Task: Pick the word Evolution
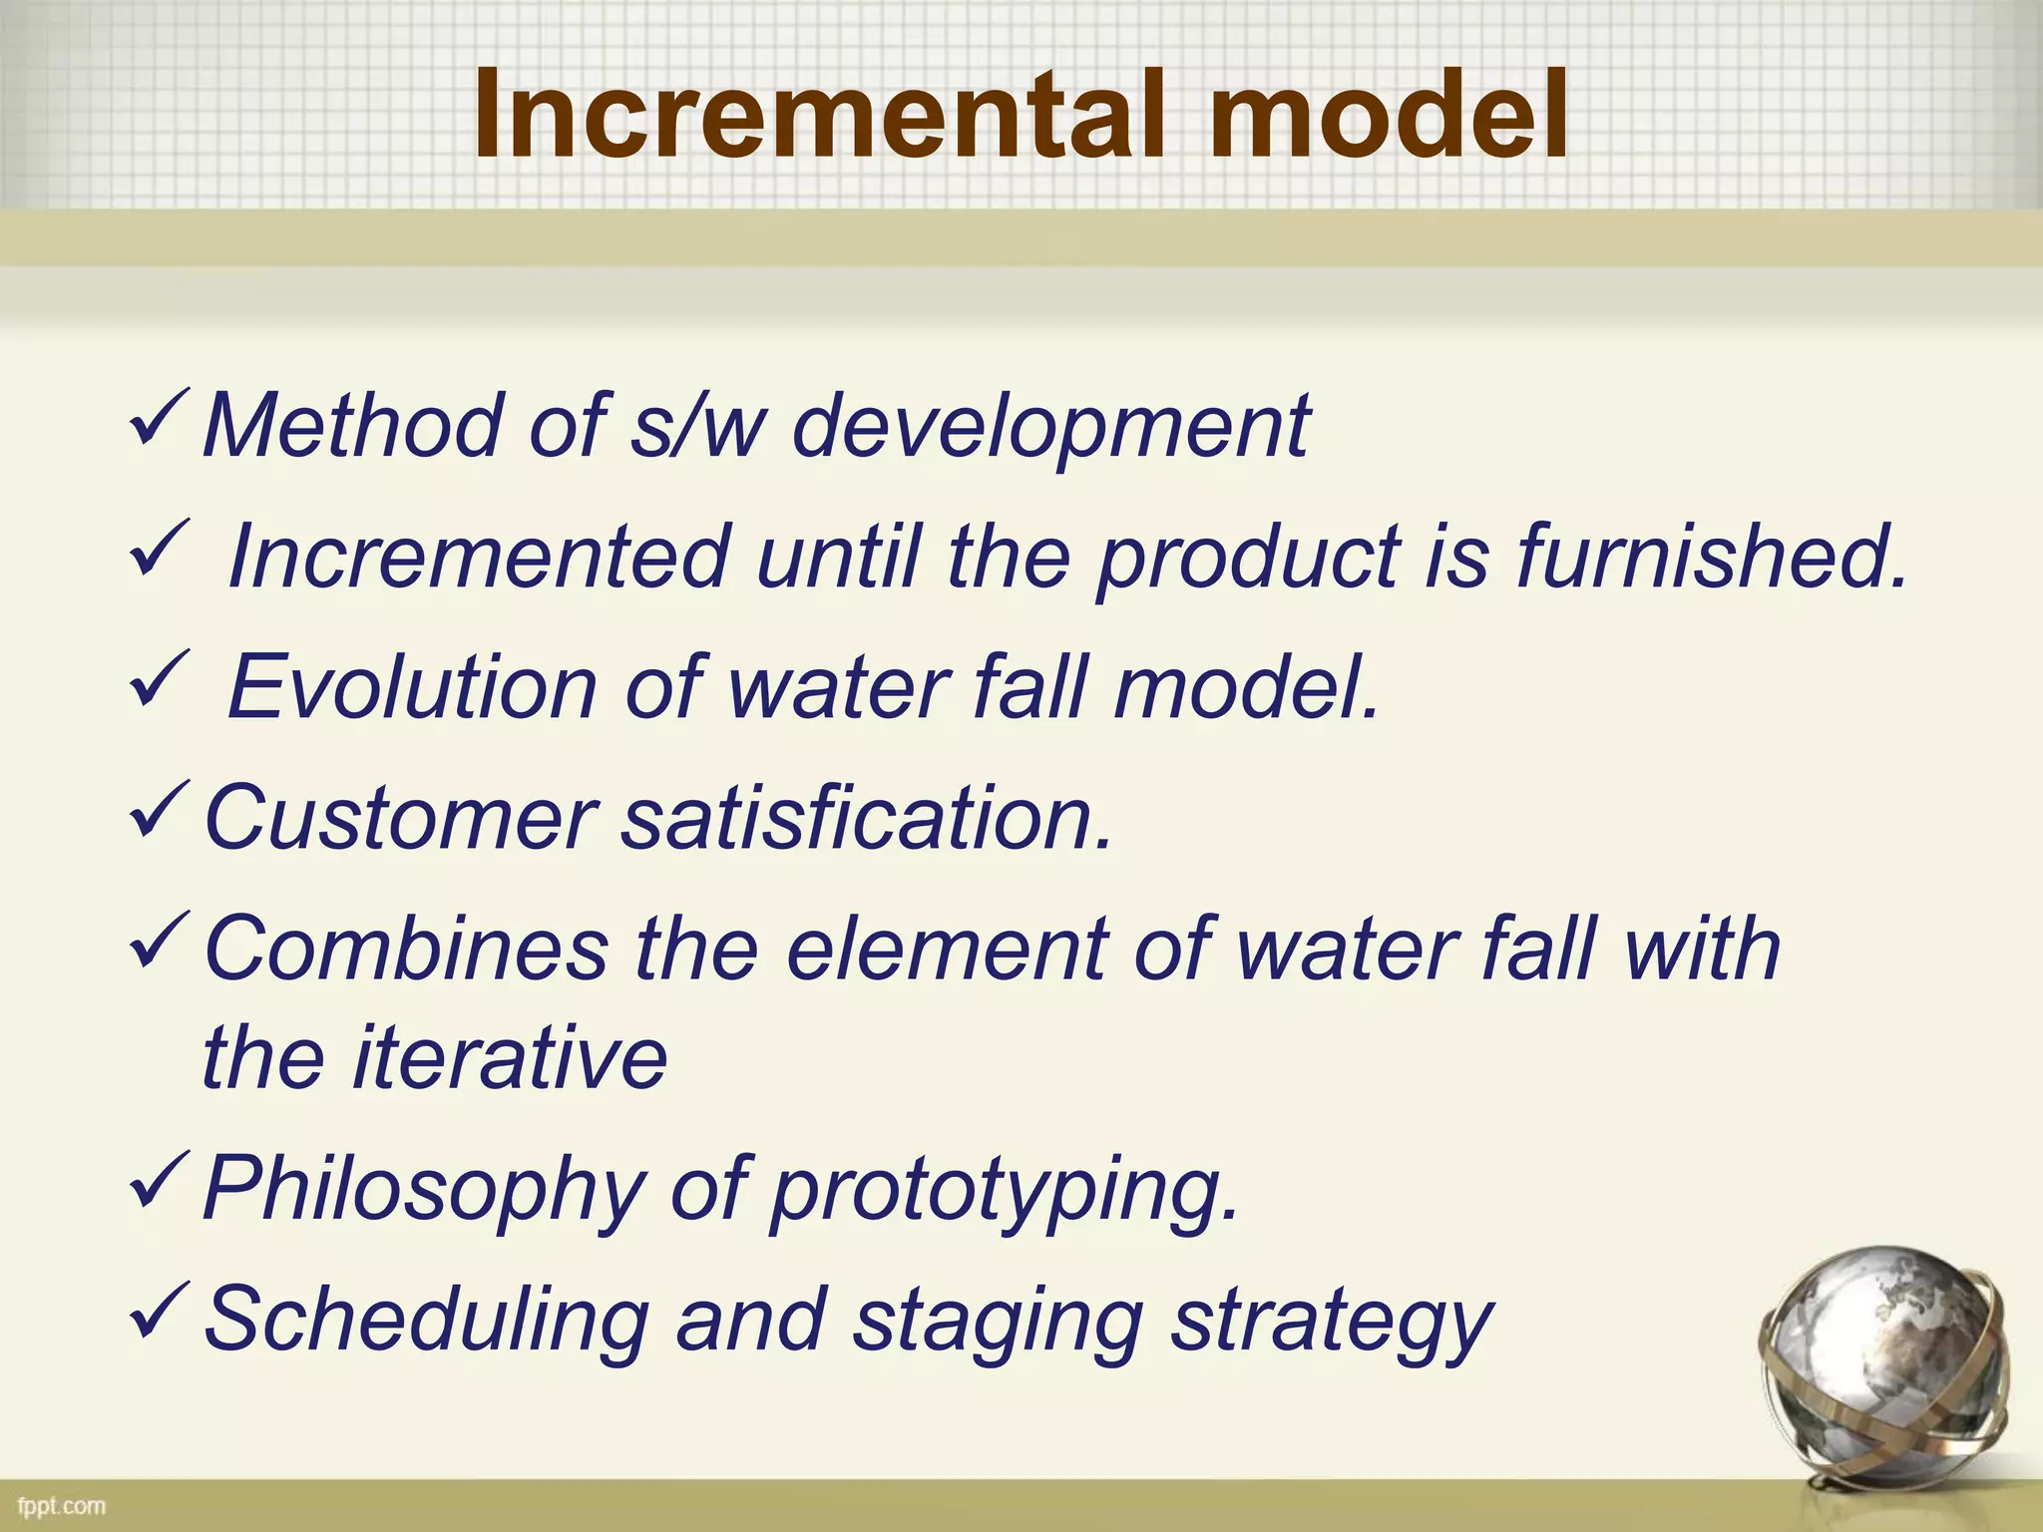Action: [412, 687]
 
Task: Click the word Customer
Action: [399, 818]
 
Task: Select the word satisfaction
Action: [867, 818]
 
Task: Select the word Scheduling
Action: [427, 1323]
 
